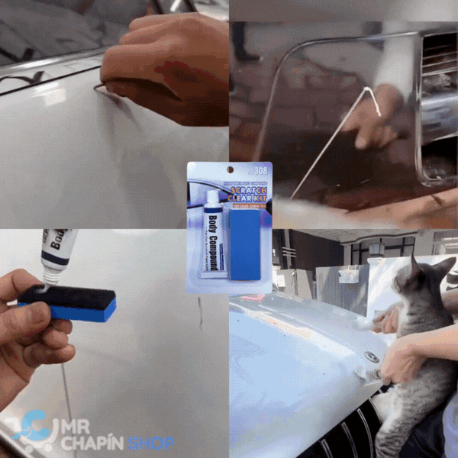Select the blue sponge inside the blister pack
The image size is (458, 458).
point(245,246)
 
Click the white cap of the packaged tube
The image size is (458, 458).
point(213,201)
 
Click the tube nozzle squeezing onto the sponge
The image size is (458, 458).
point(51,277)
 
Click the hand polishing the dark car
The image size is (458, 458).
point(378,114)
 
